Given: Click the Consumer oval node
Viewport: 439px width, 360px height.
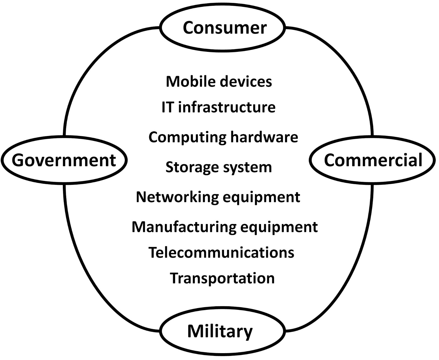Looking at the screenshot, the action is click(x=223, y=28).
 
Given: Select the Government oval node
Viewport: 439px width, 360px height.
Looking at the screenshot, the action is click(x=64, y=160).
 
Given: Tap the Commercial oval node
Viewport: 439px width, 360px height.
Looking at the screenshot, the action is click(x=373, y=160).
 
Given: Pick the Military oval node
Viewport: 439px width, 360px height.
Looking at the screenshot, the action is click(x=222, y=331).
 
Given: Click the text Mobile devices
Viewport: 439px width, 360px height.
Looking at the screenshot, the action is click(x=219, y=81).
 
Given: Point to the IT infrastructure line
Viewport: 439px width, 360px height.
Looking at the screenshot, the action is click(x=218, y=107).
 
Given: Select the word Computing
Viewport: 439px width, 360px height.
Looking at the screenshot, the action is click(x=187, y=137).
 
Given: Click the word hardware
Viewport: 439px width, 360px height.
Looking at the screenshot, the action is click(x=264, y=137).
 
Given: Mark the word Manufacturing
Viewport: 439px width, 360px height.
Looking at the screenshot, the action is click(x=184, y=227).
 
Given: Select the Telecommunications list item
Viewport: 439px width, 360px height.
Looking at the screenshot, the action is click(x=221, y=252).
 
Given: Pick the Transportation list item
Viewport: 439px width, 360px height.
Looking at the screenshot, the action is click(x=222, y=278).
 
